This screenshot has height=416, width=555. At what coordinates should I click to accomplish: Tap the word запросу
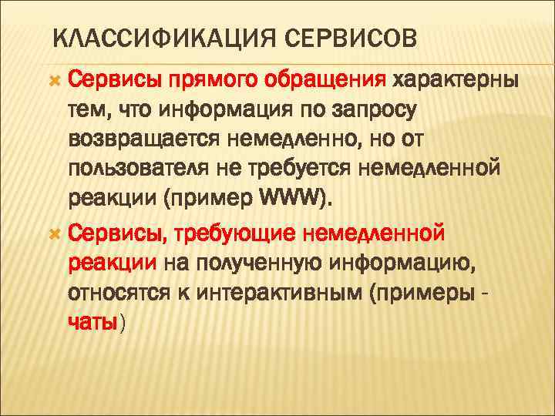pyautogui.click(x=375, y=110)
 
